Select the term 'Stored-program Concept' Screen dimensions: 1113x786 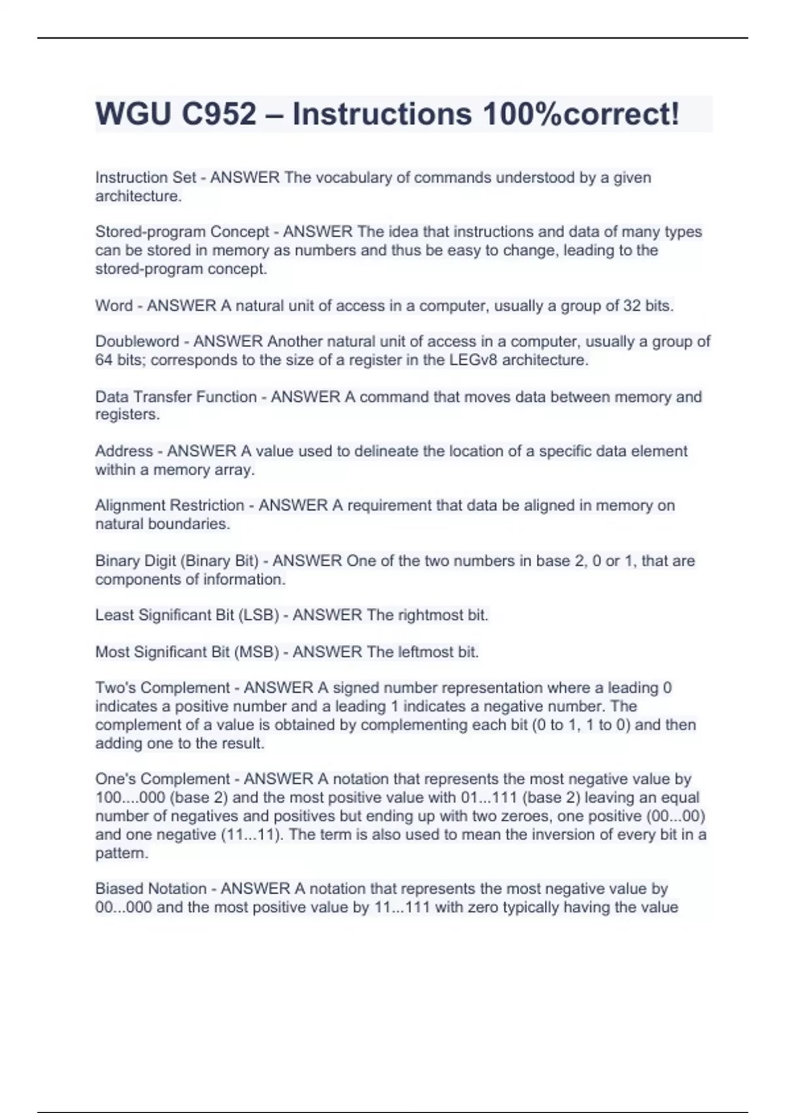coord(182,232)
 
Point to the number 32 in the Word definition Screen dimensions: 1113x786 coord(632,306)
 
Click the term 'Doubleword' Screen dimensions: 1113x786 coord(137,342)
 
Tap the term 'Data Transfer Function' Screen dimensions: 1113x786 coord(176,397)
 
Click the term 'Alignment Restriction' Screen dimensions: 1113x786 coord(170,505)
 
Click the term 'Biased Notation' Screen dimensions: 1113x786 coord(151,889)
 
